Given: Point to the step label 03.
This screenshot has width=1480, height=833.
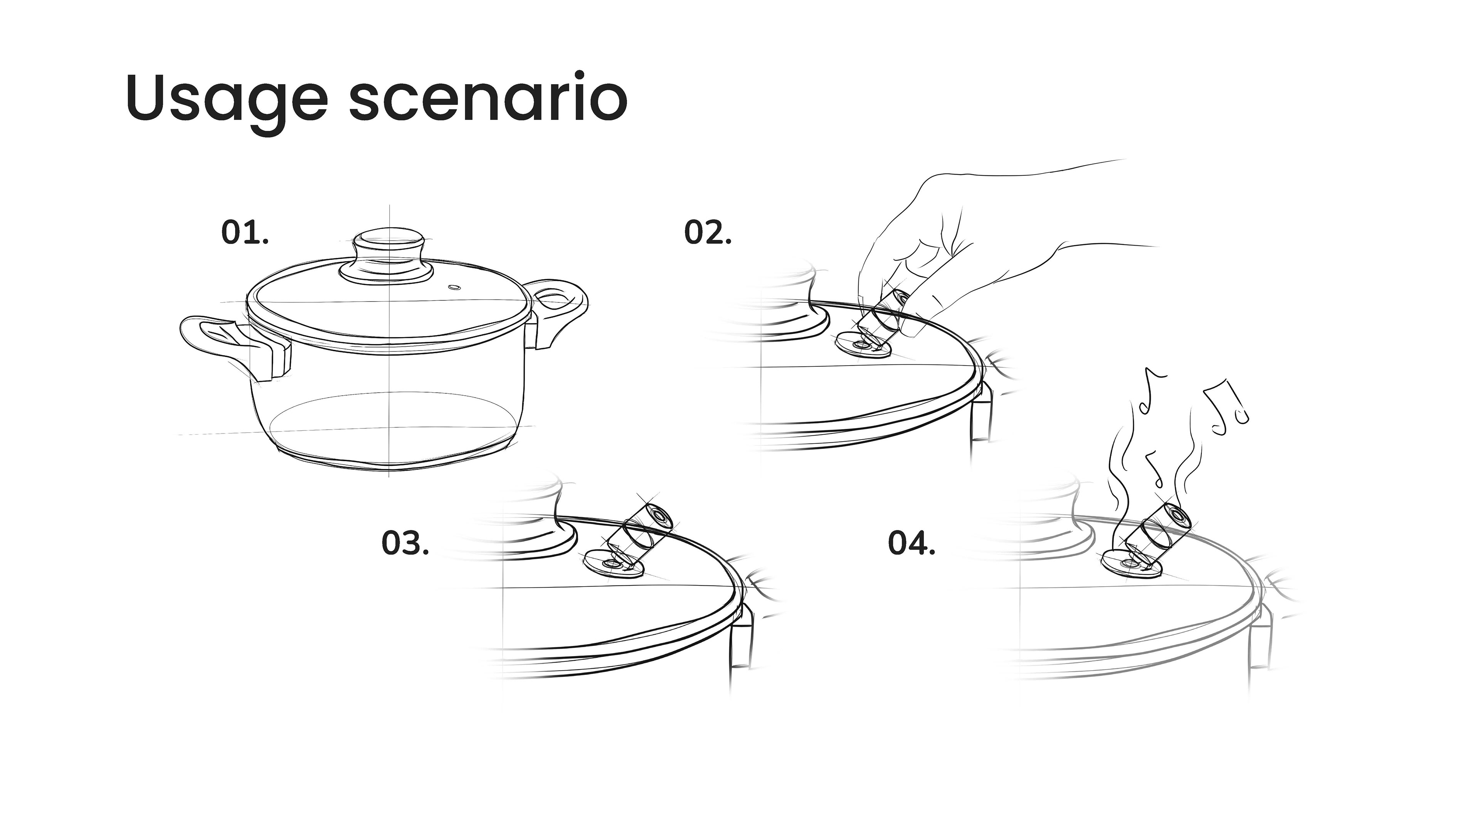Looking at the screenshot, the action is click(x=405, y=543).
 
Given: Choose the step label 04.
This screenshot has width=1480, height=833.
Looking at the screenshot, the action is click(x=912, y=543).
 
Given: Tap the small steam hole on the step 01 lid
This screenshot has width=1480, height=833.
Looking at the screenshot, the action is click(x=454, y=287).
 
